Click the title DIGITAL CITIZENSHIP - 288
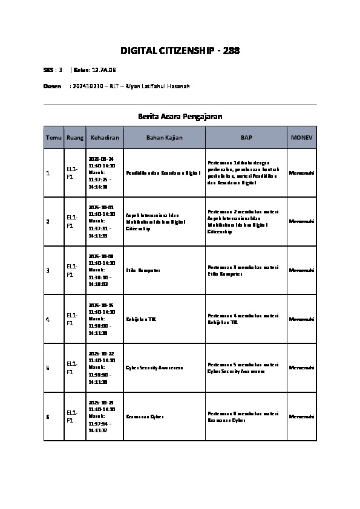tap(180, 50)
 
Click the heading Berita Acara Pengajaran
tap(180, 116)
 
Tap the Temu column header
tap(53, 138)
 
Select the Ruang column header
tap(75, 138)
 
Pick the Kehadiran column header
tap(105, 138)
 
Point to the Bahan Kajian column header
tap(165, 138)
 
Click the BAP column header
tap(246, 138)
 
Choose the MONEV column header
tap(301, 138)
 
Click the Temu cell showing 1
tap(48, 173)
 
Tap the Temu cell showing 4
tap(48, 319)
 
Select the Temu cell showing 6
tap(48, 417)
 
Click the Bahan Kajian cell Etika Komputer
tap(143, 270)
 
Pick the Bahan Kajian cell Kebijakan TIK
tap(142, 319)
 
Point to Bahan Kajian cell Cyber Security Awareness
tap(154, 368)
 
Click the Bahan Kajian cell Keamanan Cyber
tap(145, 417)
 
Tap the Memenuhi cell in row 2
tap(301, 221)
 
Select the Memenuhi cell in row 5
tap(301, 368)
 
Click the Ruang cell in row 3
tap(72, 270)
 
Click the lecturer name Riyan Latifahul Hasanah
tap(157, 86)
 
